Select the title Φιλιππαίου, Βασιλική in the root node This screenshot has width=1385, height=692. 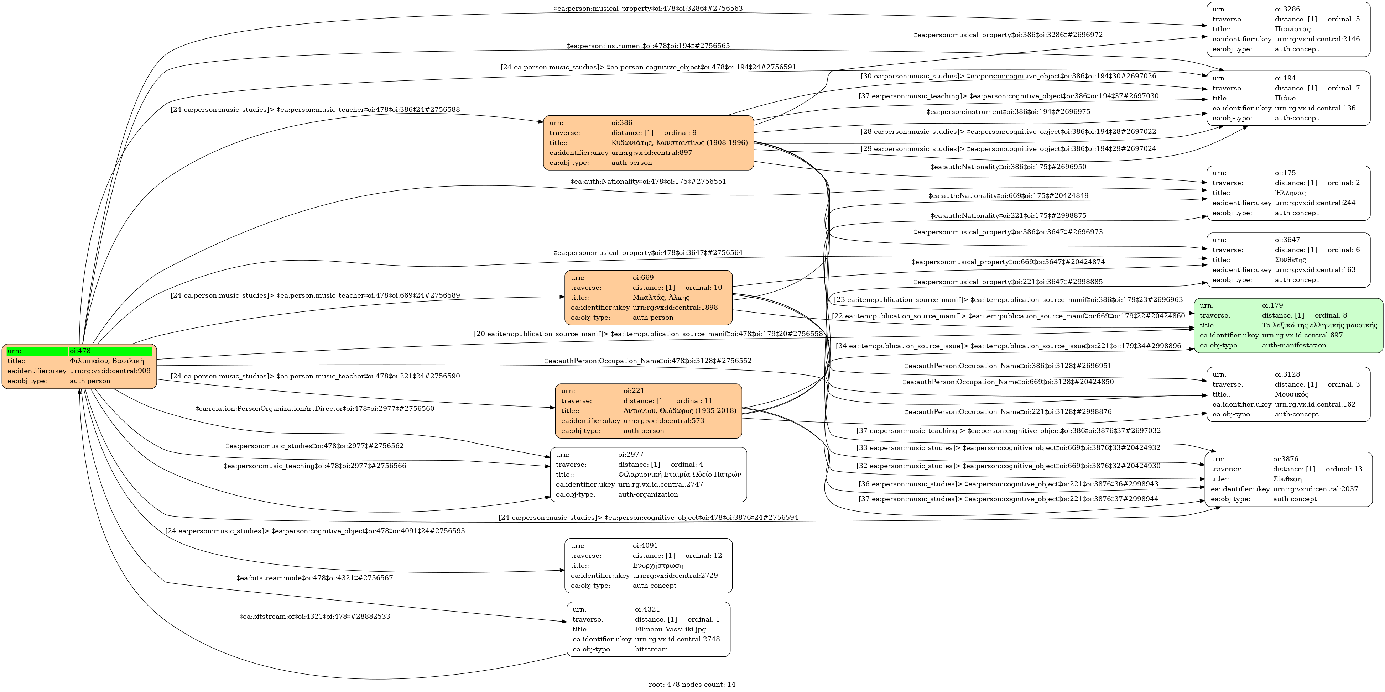[106, 361]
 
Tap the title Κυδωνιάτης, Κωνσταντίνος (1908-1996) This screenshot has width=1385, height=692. [679, 143]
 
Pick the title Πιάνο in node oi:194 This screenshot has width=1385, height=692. [1285, 98]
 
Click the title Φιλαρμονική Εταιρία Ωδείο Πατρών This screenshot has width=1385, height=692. [679, 475]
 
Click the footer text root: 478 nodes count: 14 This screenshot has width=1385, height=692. [692, 685]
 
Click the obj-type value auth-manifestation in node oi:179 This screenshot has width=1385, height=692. [1293, 345]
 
